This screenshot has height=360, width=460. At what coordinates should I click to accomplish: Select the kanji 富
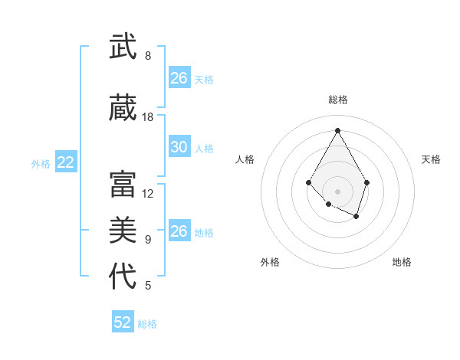tap(123, 184)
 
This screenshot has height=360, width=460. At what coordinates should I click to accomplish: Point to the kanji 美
tap(123, 230)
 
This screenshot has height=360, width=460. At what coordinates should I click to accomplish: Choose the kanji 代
tap(123, 276)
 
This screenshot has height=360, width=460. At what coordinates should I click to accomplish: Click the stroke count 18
tap(148, 117)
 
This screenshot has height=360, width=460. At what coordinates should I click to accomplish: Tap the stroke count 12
tap(148, 194)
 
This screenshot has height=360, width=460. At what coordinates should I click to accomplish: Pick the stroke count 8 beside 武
tap(148, 56)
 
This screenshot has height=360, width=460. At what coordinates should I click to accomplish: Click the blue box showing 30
tap(179, 147)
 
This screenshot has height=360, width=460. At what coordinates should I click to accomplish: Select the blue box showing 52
tap(123, 322)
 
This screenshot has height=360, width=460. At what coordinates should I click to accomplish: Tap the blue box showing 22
tap(66, 162)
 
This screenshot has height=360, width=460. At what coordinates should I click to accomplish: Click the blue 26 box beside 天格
tap(179, 78)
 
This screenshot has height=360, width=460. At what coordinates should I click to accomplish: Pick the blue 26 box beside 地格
tap(179, 231)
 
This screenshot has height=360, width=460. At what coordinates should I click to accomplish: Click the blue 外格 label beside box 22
tap(41, 163)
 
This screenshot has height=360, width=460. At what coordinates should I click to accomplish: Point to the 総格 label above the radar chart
tap(337, 100)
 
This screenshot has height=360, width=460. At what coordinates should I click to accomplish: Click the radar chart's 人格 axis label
tap(245, 159)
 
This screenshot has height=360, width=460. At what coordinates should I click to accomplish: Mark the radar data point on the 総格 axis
tap(337, 129)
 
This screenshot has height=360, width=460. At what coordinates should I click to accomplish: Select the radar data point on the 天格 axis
tap(367, 182)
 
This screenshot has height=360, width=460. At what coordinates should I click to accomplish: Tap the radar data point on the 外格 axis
tap(328, 204)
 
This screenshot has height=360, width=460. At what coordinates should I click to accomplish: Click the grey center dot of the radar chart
tap(337, 191)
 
